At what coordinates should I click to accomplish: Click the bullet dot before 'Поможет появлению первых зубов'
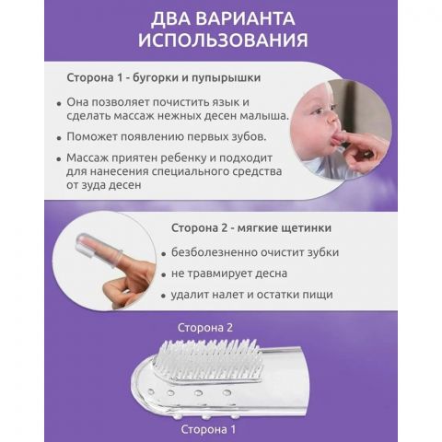pos(59,137)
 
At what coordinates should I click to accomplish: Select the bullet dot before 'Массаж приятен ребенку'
pos(59,158)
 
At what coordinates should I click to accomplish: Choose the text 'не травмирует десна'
pos(222,273)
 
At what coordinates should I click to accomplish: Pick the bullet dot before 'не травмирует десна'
pos(163,274)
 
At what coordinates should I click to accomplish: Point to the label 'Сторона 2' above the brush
pos(205,328)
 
